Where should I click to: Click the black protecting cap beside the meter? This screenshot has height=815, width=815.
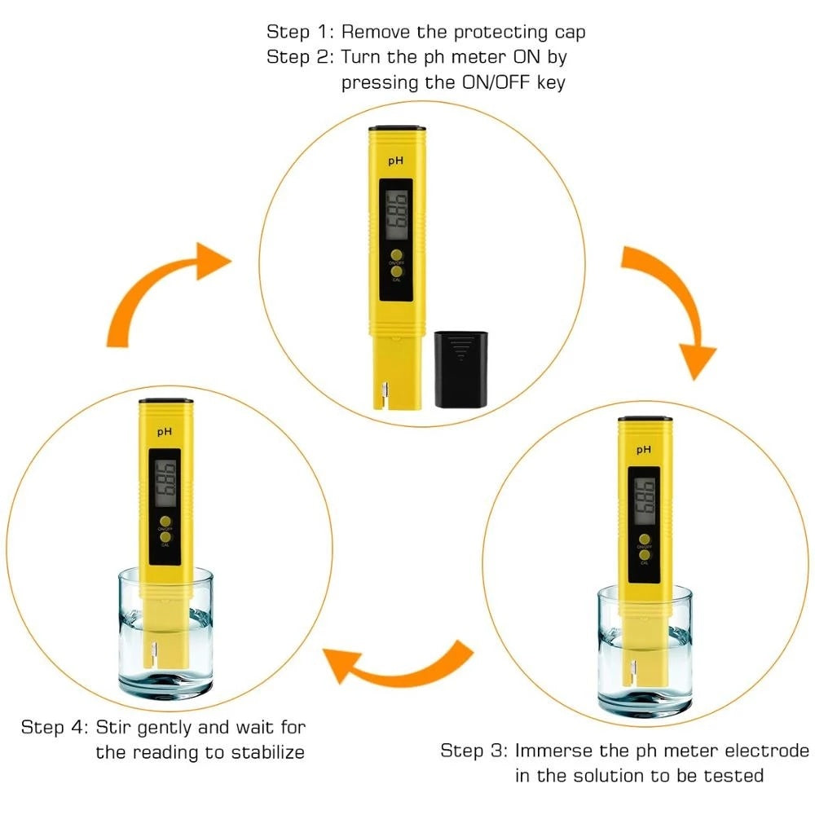(460, 368)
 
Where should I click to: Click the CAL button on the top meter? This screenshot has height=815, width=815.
(396, 272)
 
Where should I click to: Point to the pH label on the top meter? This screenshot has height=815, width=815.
(396, 161)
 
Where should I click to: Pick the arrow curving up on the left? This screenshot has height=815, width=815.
(163, 293)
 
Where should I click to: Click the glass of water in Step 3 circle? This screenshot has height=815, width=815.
(644, 652)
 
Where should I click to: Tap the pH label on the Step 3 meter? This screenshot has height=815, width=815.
(644, 449)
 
